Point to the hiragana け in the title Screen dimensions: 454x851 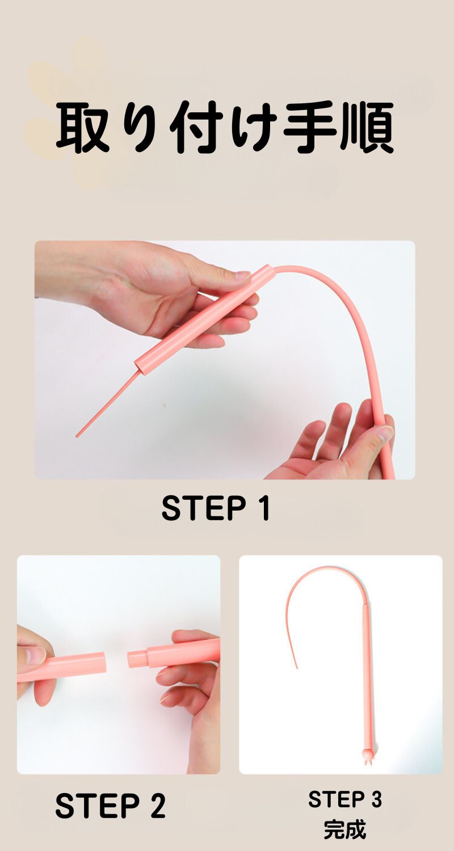[253, 127]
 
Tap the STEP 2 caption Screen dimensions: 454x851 [111, 805]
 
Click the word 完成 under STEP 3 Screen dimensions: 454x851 [345, 829]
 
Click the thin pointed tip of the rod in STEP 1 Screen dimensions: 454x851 [77, 436]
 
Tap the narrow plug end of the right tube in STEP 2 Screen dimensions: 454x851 [137, 658]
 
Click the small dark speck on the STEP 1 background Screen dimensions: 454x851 [165, 406]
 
